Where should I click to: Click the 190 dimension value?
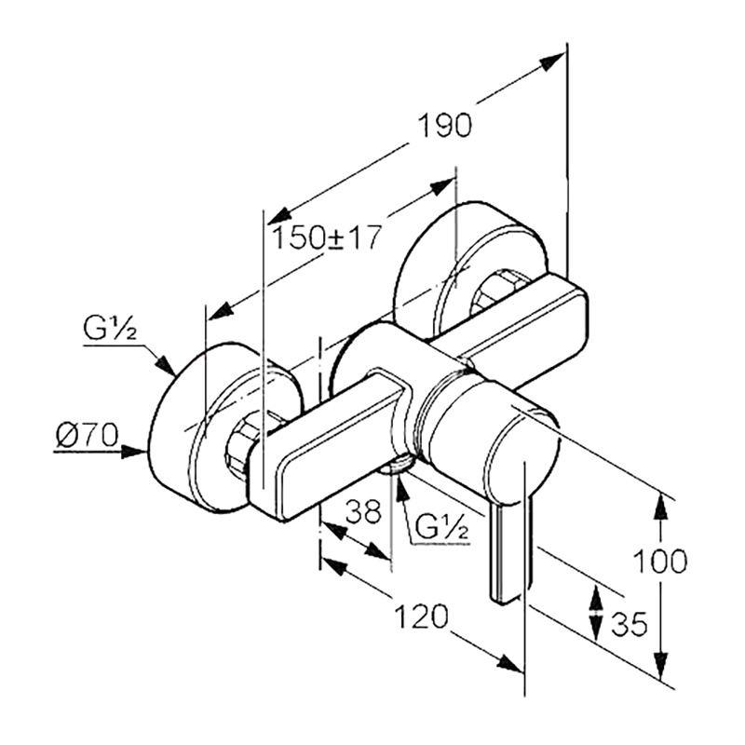click(x=445, y=126)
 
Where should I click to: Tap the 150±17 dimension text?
click(x=327, y=237)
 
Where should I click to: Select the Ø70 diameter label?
click(x=87, y=435)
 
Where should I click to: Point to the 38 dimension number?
click(x=363, y=511)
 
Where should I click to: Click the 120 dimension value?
click(x=422, y=616)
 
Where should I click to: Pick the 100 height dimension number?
click(x=660, y=562)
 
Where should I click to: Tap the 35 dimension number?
click(x=630, y=624)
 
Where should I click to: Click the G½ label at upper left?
click(x=110, y=329)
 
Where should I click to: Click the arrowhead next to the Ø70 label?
click(x=134, y=452)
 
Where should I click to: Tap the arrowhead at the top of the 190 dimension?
click(x=552, y=61)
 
